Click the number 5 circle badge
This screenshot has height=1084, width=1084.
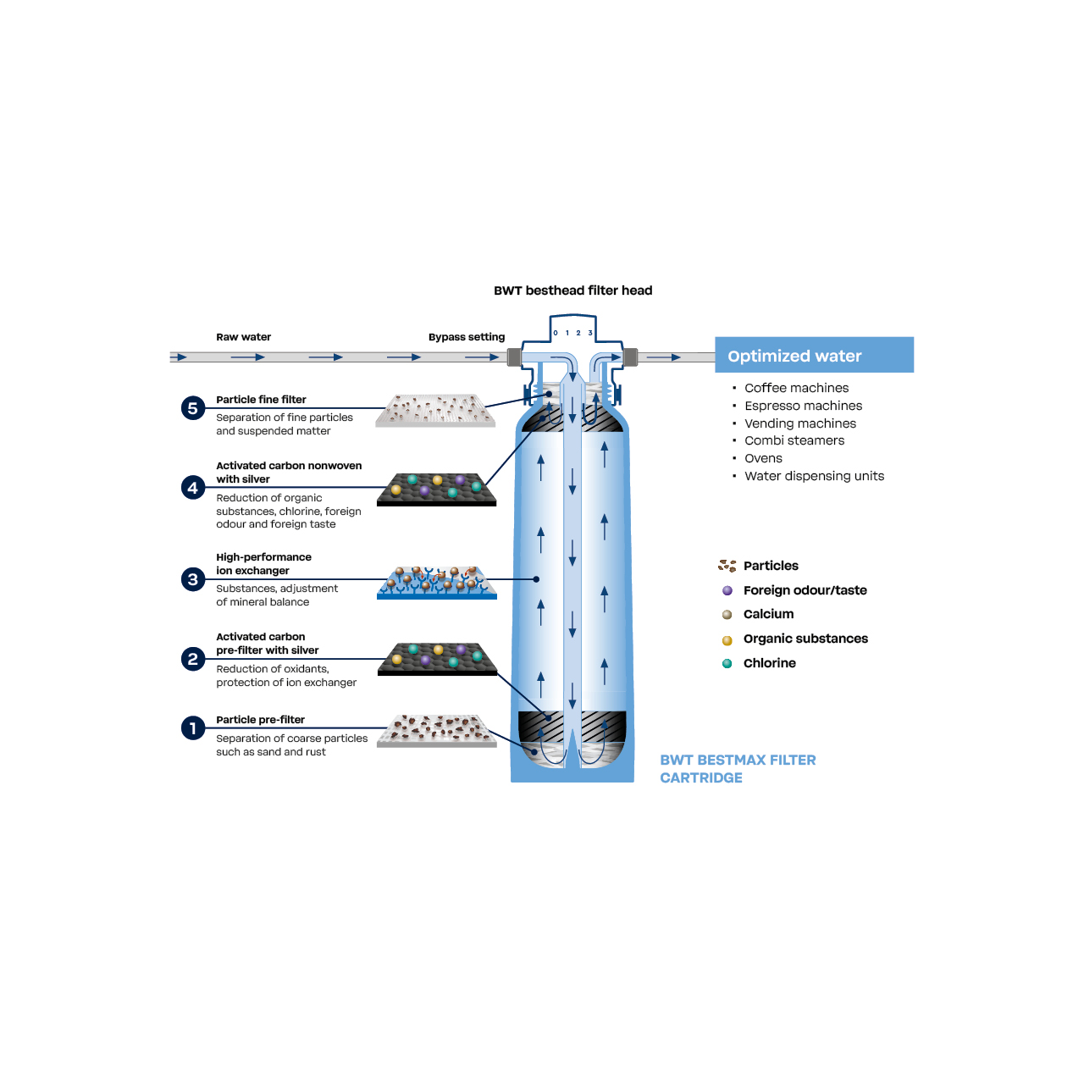(x=193, y=408)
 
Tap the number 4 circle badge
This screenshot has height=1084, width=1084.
(x=193, y=488)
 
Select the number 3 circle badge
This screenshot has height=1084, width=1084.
(x=193, y=579)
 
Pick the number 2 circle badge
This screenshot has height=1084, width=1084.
(x=193, y=659)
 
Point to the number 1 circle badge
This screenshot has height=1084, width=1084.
(x=193, y=728)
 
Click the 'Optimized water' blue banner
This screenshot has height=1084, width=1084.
(x=814, y=355)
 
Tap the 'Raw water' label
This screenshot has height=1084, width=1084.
(x=243, y=337)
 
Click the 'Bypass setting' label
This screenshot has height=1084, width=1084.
(x=466, y=337)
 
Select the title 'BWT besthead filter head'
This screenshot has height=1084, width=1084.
(x=572, y=290)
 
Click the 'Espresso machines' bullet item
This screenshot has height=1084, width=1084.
(x=803, y=406)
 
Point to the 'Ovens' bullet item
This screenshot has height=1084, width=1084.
(x=763, y=458)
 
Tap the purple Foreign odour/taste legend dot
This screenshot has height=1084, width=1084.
(x=727, y=590)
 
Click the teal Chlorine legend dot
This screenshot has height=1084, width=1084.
(x=727, y=663)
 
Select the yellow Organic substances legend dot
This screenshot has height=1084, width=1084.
(x=727, y=640)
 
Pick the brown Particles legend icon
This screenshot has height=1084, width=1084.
(x=727, y=566)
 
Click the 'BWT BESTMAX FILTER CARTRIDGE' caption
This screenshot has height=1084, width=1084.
(x=738, y=769)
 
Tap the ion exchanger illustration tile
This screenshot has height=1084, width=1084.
(x=437, y=583)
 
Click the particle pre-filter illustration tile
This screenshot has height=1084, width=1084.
(x=437, y=731)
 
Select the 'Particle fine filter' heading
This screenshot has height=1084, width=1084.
(x=261, y=400)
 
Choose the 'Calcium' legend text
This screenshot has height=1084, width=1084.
(x=768, y=614)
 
